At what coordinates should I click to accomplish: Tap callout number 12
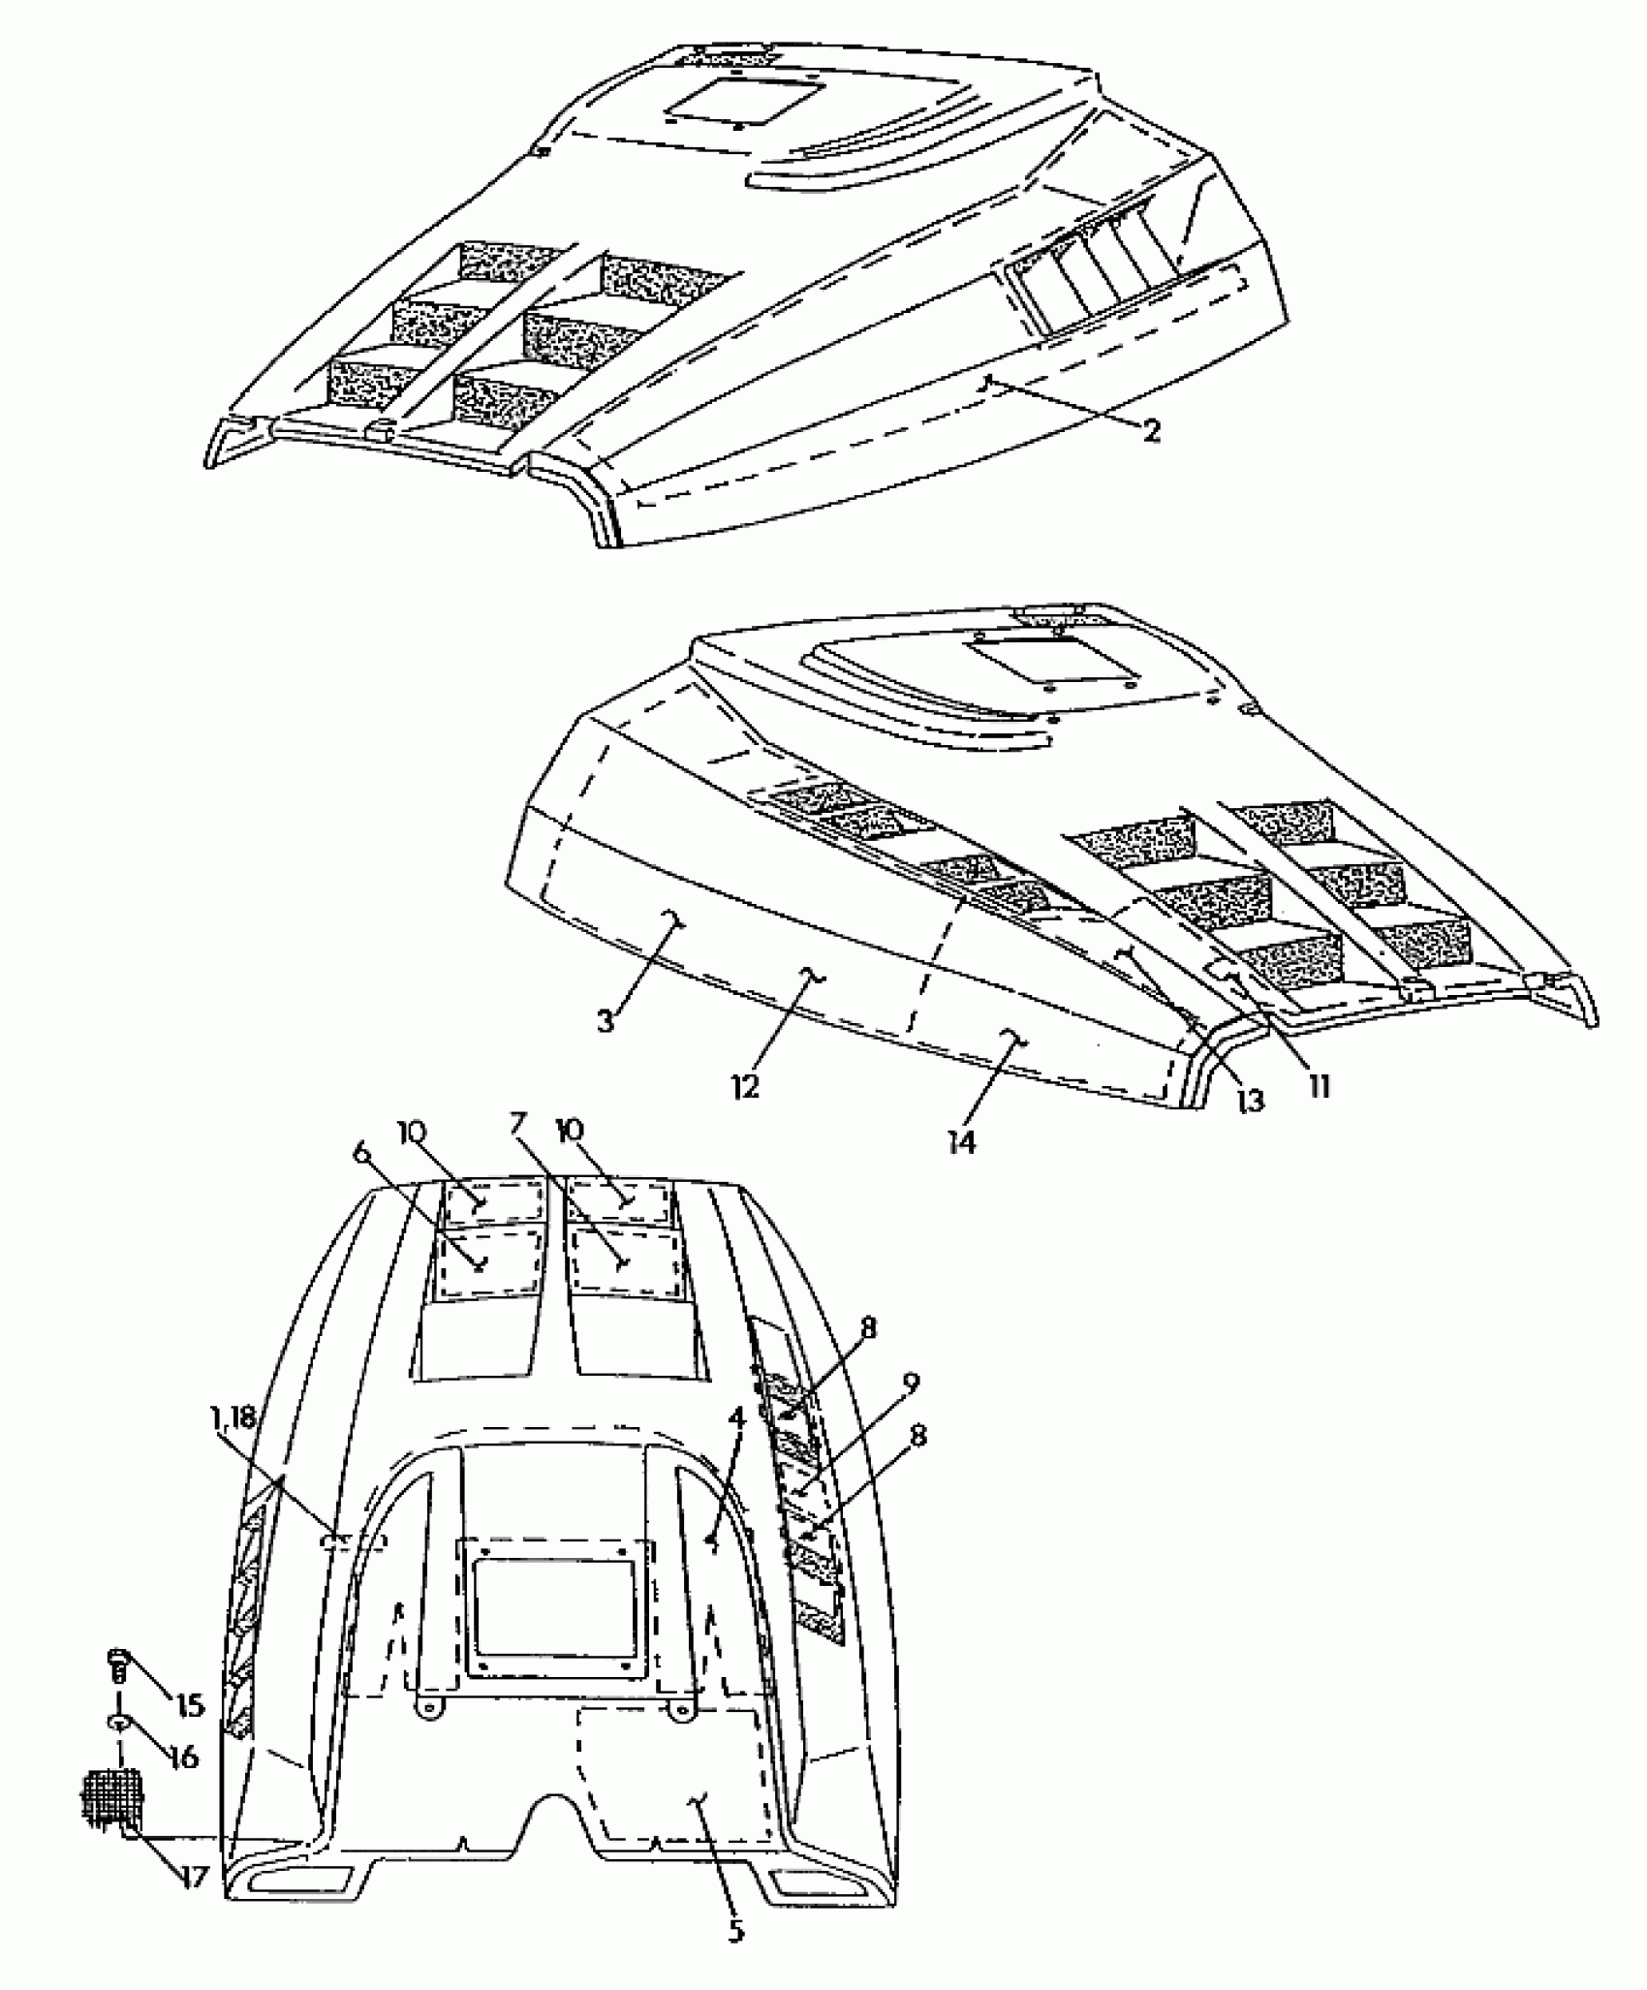745,1085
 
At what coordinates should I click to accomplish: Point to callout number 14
962,1142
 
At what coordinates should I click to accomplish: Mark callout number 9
910,1383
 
